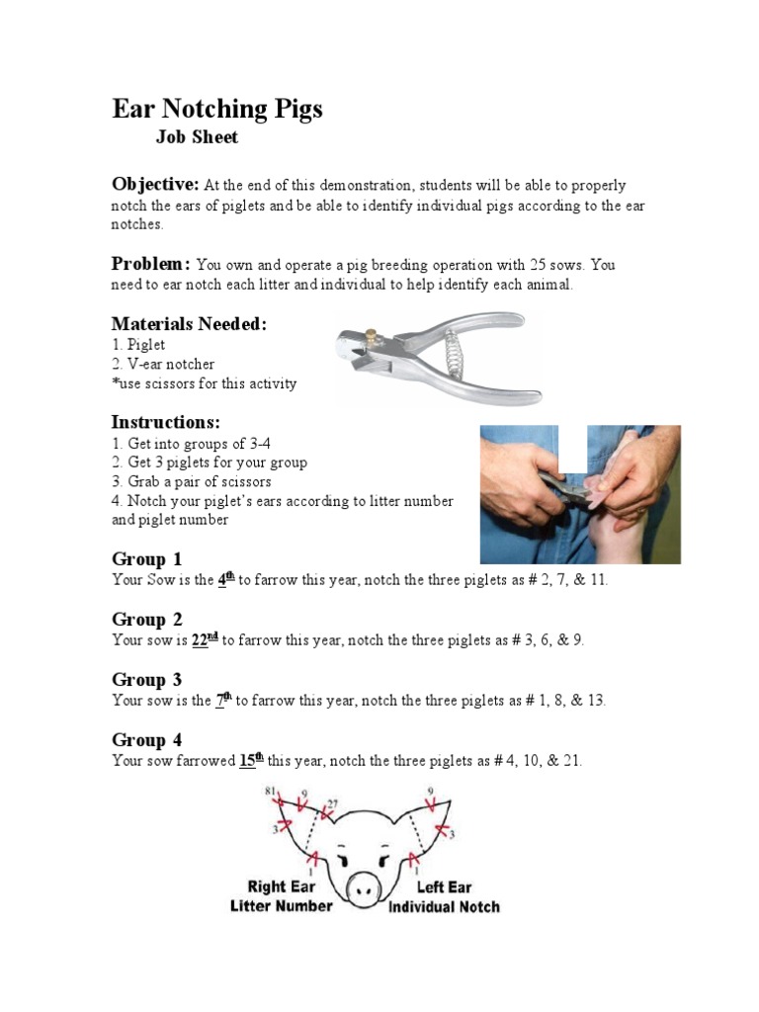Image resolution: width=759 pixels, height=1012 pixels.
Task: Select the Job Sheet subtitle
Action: click(x=197, y=138)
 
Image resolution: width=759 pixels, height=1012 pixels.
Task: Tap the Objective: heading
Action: click(x=155, y=185)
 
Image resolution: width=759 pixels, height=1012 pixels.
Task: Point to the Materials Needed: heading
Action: click(x=189, y=324)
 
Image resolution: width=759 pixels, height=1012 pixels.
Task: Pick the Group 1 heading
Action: click(x=146, y=559)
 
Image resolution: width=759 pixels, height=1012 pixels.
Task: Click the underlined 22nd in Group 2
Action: click(x=205, y=639)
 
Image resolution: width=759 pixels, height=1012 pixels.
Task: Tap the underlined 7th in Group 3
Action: click(x=223, y=700)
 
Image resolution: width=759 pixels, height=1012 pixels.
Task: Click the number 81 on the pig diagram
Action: click(x=270, y=791)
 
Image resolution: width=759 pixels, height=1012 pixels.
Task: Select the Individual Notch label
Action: click(x=444, y=906)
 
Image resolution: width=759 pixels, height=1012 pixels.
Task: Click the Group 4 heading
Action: click(x=146, y=740)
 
